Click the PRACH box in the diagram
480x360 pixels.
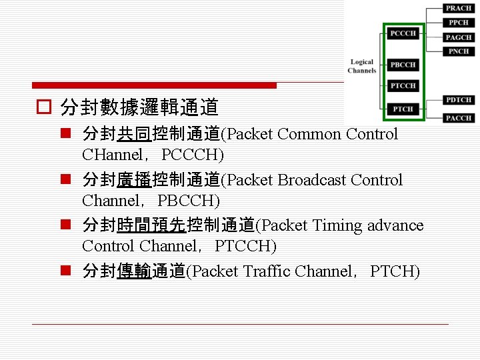pos(459,8)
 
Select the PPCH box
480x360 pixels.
pos(459,23)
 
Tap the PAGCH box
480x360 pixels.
pos(459,37)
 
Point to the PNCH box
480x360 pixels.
pos(459,51)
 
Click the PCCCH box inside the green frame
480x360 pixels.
pos(403,33)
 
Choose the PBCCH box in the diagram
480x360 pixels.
pos(403,65)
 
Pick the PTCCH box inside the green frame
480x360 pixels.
pos(403,85)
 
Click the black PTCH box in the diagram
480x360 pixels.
pos(403,109)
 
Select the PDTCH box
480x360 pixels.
pos(459,100)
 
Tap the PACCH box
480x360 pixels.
pos(459,118)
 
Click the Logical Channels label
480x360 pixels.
pos(362,66)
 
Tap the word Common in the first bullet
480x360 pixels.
pos(309,134)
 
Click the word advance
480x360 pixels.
pos(395,225)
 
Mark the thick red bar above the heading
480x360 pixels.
pos(155,85)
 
